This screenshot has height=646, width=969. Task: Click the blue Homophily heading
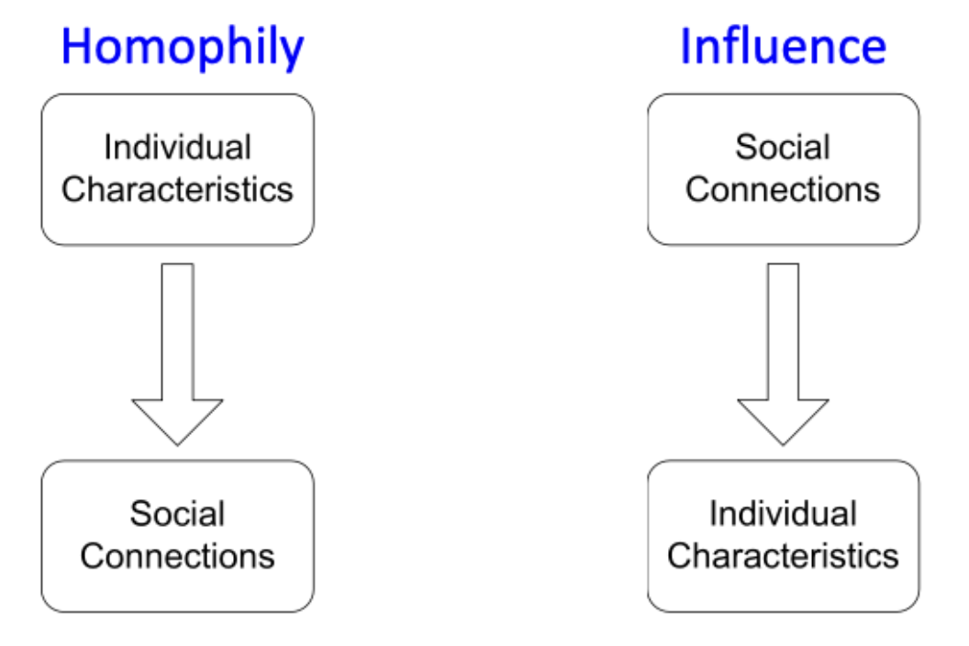click(182, 48)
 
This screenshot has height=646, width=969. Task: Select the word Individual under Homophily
click(177, 147)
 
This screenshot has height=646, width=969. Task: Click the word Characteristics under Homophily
click(177, 189)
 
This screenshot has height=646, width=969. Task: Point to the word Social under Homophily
click(177, 513)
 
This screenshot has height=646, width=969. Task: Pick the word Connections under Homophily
click(177, 555)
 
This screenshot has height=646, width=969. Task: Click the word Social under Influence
click(783, 147)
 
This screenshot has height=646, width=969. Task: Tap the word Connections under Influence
click(783, 189)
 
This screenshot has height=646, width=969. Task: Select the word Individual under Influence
click(783, 513)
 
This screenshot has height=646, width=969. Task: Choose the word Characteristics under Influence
click(783, 555)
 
